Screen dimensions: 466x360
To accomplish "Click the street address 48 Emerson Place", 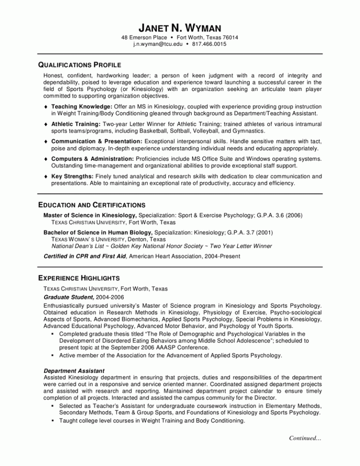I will coord(146,37).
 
